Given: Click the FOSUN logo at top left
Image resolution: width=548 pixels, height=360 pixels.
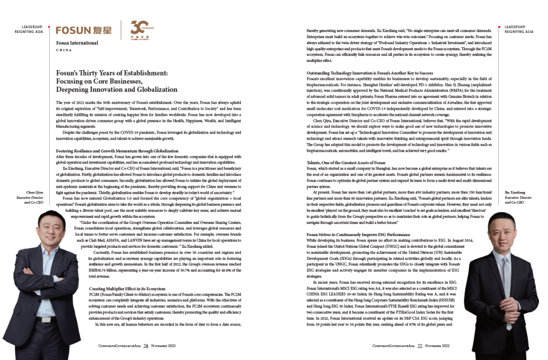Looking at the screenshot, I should tap(83, 30).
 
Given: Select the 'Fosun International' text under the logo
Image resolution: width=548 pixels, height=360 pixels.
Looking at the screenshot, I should tap(77, 43).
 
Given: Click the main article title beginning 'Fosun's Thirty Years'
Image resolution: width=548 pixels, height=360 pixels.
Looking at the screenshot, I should tap(117, 81).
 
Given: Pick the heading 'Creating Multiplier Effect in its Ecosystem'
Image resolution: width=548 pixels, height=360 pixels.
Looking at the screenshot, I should tap(127, 288).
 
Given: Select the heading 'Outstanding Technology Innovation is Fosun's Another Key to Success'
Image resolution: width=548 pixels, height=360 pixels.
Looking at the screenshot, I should tap(369, 73).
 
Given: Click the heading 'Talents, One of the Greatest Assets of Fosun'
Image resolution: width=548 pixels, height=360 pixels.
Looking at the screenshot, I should tap(346, 162).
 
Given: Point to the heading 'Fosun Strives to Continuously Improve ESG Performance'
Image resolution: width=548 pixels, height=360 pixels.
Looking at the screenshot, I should tap(358, 235).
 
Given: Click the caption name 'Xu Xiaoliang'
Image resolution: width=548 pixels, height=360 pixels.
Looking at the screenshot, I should tap(515, 192).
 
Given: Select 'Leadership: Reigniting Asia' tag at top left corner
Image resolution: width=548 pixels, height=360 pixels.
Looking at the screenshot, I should tap(32, 29).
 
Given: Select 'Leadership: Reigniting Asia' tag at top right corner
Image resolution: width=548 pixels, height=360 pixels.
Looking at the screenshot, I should tap(519, 29).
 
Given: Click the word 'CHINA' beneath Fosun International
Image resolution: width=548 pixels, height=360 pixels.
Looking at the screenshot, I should tap(63, 50).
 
